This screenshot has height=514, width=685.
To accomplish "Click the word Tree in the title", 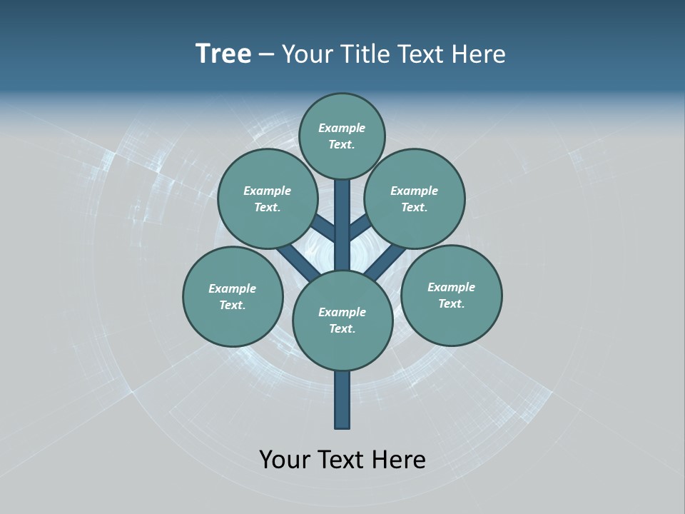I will pyautogui.click(x=223, y=54).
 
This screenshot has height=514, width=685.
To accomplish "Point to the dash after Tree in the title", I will pyautogui.click(x=266, y=55).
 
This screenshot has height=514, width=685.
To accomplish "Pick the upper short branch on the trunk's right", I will pyautogui.click(x=360, y=228).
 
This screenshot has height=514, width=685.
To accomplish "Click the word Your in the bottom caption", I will pyautogui.click(x=285, y=460).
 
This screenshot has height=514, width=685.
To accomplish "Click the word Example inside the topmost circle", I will pyautogui.click(x=342, y=128).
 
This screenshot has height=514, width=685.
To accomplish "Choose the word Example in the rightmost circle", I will pyautogui.click(x=451, y=287).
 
